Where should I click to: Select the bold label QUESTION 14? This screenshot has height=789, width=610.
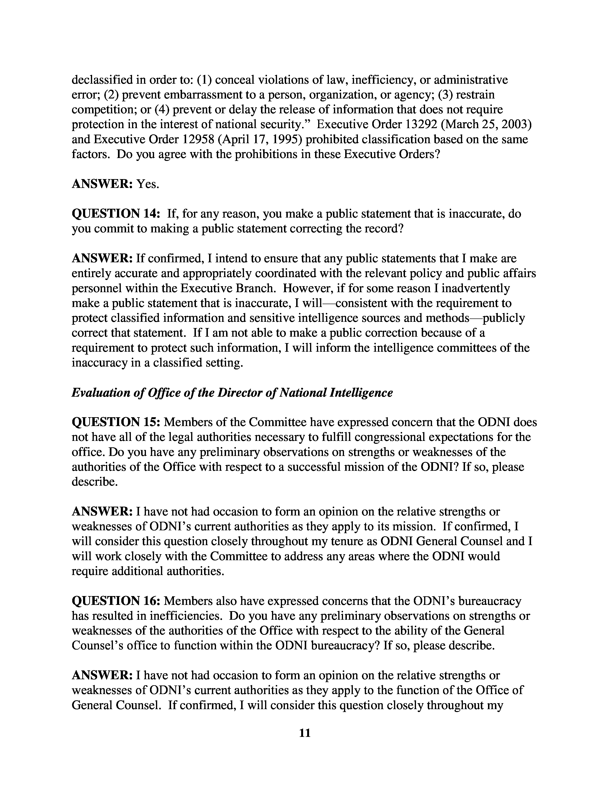click(116, 214)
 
